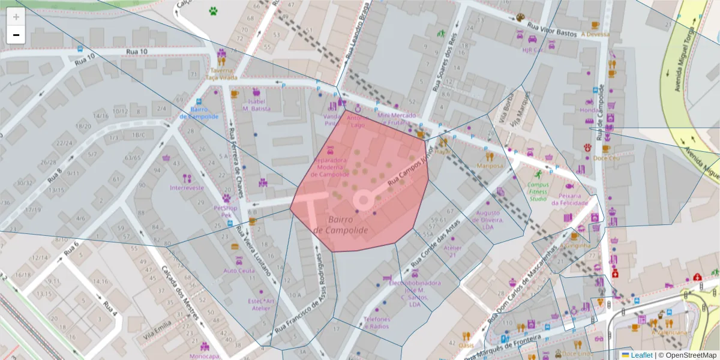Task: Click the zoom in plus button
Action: [x=16, y=16]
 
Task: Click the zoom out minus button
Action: [x=16, y=35]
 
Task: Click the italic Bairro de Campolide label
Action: [x=340, y=225]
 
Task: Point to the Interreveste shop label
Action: [x=187, y=188]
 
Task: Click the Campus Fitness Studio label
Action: [x=537, y=191]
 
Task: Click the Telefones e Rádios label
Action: [x=376, y=323]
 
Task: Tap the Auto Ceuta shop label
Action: [x=238, y=271]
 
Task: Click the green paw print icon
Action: [x=213, y=10]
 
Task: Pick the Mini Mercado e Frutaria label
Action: [x=397, y=118]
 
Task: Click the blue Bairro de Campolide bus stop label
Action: [x=199, y=113]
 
